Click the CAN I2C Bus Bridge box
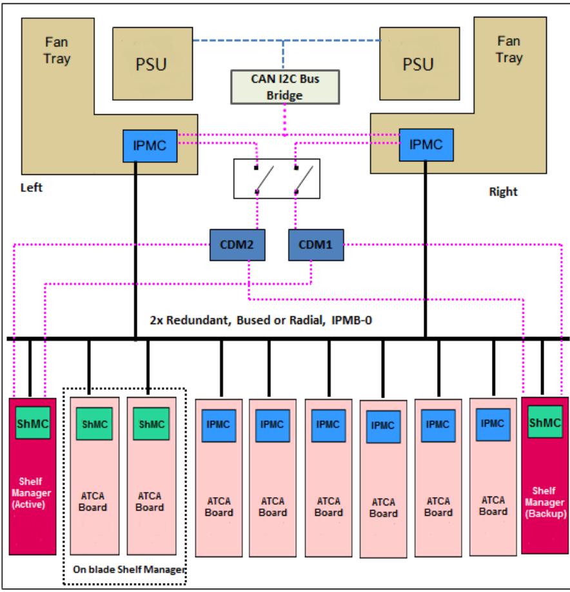point(285,87)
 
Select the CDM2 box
point(237,245)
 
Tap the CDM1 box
point(316,245)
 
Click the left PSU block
point(153,63)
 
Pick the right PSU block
point(420,63)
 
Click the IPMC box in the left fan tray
point(150,146)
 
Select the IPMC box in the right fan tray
point(426,145)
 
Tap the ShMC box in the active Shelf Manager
point(33,423)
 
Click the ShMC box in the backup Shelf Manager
point(545,422)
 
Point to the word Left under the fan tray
point(32,188)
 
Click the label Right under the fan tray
point(504,192)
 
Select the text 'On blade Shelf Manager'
point(130,569)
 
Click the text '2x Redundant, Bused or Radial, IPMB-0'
point(261,320)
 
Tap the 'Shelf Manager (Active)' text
point(31,493)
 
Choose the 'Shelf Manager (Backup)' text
point(545,502)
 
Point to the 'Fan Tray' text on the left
point(57,50)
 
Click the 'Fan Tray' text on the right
point(509,49)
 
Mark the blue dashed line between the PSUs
point(286,41)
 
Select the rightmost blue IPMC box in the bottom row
point(493,424)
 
